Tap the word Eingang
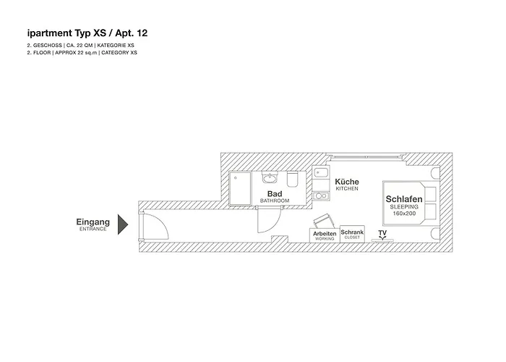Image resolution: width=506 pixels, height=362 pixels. click(93, 222)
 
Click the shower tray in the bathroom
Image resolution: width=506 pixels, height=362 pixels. click(241, 188)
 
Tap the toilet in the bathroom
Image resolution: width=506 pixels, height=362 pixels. click(293, 179)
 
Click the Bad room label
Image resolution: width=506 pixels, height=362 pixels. click(275, 194)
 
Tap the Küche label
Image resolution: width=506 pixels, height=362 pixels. click(347, 182)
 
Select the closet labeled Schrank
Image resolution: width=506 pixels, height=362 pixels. click(352, 234)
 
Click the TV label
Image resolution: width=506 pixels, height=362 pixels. click(382, 232)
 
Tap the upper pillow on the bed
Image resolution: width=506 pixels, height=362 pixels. click(429, 193)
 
